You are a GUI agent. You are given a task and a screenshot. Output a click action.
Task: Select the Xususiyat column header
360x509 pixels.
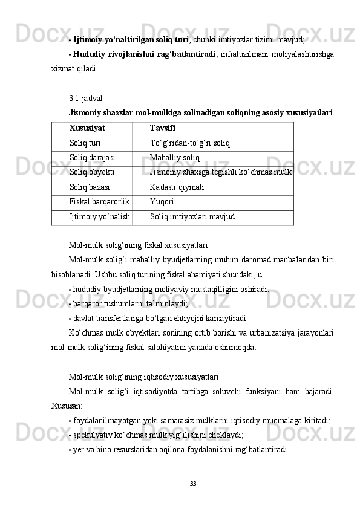point(87,129)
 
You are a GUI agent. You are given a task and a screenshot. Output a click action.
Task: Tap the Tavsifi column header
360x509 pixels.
point(163,129)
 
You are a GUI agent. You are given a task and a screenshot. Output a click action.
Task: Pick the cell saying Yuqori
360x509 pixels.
point(161,202)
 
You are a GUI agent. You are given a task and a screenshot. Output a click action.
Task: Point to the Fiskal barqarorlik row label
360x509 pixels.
point(100,202)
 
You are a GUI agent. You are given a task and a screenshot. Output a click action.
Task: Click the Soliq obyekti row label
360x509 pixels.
point(93,173)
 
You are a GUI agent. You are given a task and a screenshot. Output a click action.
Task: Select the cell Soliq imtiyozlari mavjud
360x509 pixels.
point(189,216)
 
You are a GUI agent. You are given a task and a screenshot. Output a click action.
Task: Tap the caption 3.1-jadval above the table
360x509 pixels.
point(86,97)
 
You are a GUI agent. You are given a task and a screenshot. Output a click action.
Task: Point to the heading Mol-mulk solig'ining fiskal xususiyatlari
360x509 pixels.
point(139,245)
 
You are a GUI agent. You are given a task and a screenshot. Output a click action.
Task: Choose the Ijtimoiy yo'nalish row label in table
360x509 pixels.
point(100,216)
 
